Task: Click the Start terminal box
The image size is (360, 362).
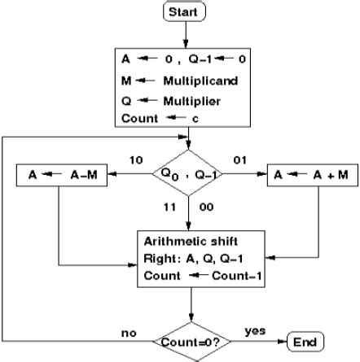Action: click(186, 11)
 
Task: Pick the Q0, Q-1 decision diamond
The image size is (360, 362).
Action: click(187, 172)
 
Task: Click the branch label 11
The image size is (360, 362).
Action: click(170, 208)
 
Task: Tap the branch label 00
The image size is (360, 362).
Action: click(206, 208)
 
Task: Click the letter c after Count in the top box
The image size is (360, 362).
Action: click(195, 120)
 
